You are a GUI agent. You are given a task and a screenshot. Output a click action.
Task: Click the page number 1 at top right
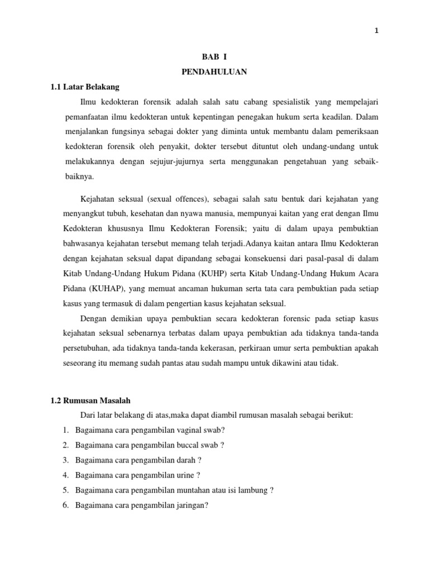pyautogui.click(x=376, y=31)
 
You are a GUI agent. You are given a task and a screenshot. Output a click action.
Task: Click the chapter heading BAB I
pyautogui.click(x=214, y=58)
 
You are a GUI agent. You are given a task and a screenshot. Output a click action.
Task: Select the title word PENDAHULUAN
pyautogui.click(x=214, y=72)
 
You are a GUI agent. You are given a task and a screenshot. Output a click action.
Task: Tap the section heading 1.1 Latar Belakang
pyautogui.click(x=85, y=87)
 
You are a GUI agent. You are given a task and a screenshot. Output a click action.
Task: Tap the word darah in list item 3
pyautogui.click(x=188, y=460)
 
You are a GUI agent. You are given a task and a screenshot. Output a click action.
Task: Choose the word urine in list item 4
pyautogui.click(x=187, y=475)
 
